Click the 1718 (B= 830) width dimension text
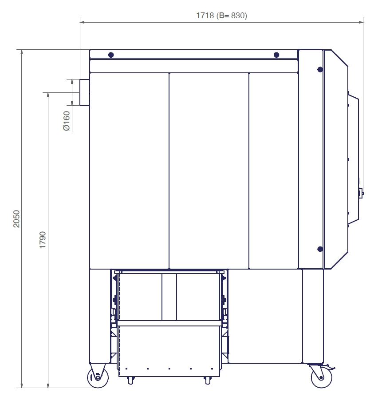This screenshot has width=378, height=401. point(221,16)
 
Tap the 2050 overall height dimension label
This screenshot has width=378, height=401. point(16,218)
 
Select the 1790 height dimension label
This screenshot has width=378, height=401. point(43,240)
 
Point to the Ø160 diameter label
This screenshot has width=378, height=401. point(67,121)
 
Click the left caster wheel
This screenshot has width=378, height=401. point(98,377)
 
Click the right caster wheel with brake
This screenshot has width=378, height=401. point(322,377)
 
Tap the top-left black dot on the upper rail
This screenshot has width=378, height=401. point(111,55)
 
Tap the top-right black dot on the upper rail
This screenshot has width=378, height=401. point(276,55)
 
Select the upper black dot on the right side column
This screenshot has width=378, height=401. point(320,69)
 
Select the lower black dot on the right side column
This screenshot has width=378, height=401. point(320,249)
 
